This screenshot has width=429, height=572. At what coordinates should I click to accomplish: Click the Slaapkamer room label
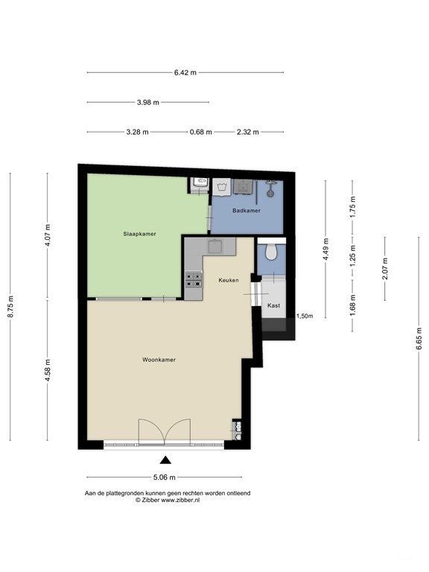139,234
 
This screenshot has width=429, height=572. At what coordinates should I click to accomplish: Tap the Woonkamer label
159,360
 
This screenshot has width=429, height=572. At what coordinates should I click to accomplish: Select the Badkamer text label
247,211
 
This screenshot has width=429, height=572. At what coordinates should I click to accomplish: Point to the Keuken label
229,280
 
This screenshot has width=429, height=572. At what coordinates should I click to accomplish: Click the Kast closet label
273,305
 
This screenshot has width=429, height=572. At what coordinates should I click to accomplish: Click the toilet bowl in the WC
270,252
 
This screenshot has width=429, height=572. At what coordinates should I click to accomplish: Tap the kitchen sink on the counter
215,247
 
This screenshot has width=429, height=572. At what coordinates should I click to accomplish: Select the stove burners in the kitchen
194,280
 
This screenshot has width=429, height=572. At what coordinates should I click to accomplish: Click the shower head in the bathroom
270,193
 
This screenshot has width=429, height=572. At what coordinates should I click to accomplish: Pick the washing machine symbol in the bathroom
221,188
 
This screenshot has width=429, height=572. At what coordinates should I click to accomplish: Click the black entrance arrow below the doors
165,460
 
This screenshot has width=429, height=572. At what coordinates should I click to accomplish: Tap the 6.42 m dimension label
185,72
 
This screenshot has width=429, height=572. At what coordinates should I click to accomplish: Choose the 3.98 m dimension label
148,103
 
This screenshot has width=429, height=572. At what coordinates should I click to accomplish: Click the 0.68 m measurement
200,132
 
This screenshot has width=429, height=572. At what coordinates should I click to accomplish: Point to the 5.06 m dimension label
164,477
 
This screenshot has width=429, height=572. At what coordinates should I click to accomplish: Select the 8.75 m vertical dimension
10,306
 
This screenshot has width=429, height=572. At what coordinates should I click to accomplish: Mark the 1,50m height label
305,317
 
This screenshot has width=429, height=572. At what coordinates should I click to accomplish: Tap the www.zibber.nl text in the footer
180,500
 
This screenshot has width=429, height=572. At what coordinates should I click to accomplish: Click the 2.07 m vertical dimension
385,269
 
